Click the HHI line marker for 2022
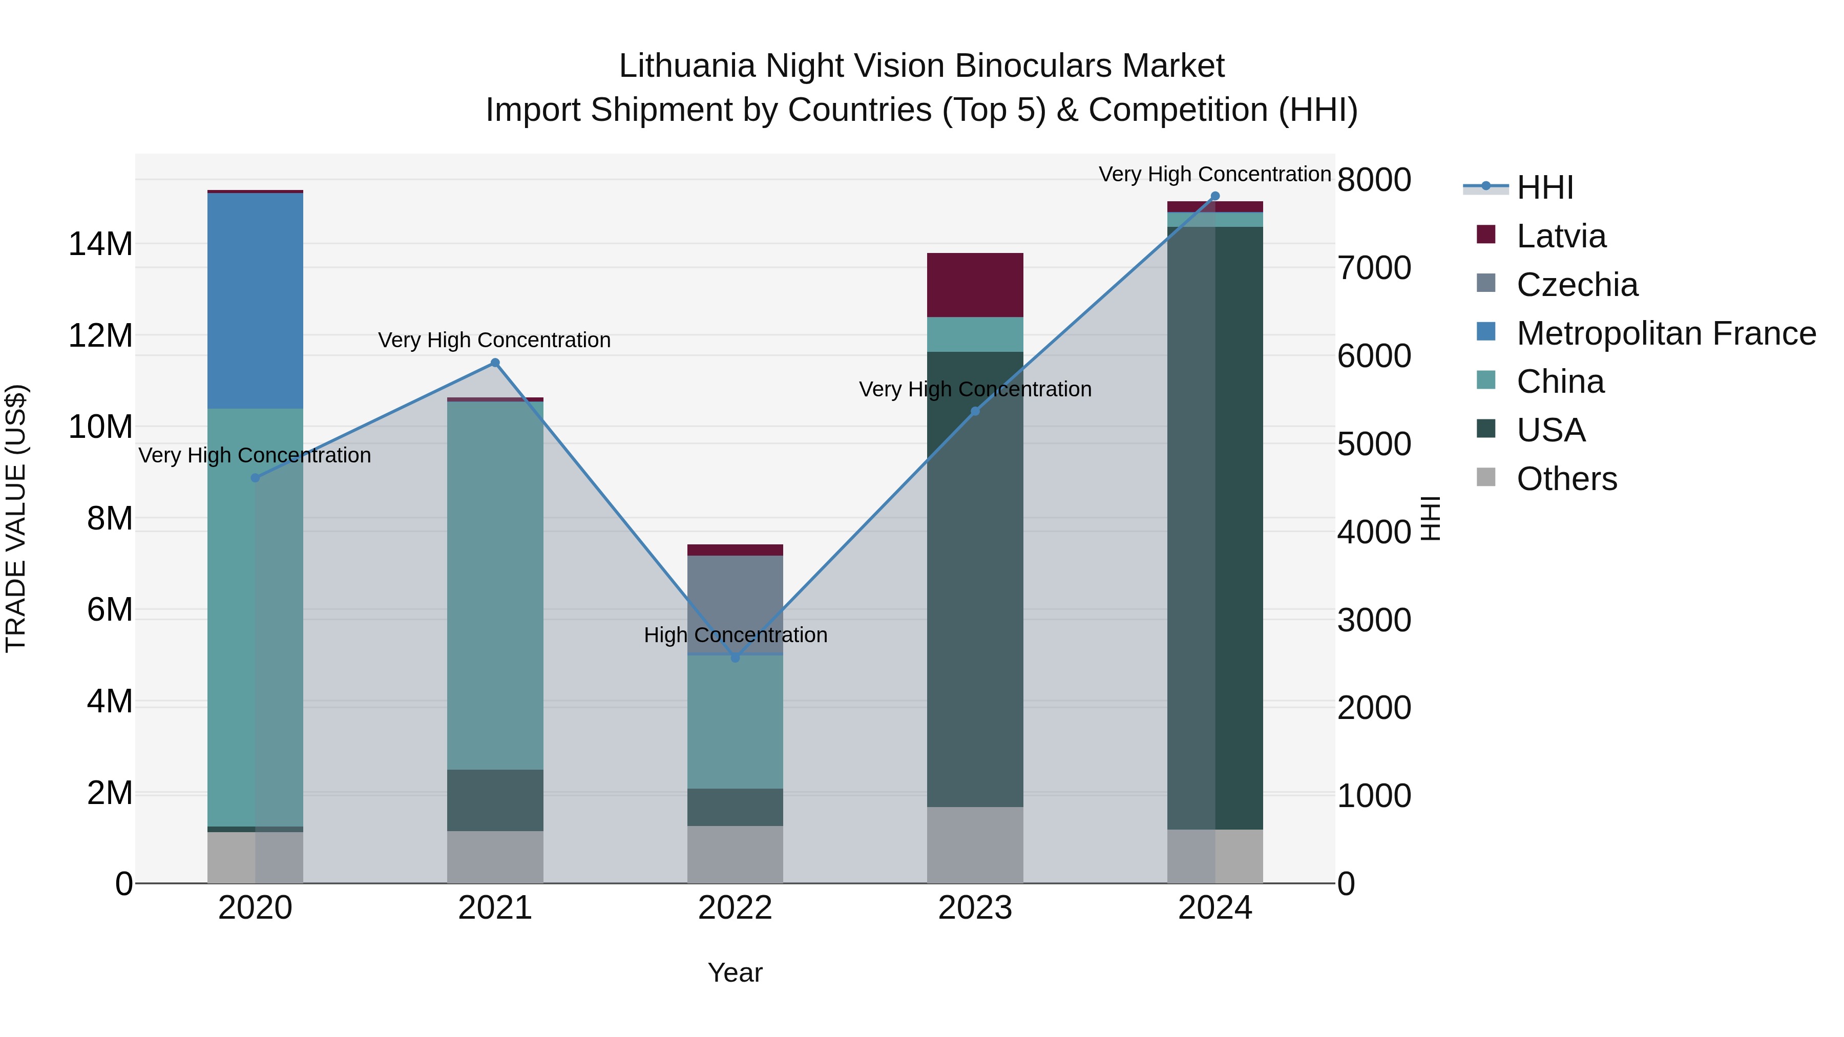click(x=735, y=658)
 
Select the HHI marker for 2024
click(x=1215, y=196)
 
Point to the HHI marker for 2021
click(x=495, y=363)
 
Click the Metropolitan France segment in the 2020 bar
click(x=255, y=301)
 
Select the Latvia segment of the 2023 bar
click(x=975, y=285)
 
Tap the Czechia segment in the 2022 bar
click(x=735, y=604)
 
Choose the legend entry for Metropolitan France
click(x=1666, y=333)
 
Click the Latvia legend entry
click(x=1561, y=236)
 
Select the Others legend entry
click(x=1566, y=479)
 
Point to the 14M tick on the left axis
click(x=100, y=244)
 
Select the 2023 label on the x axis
click(x=975, y=908)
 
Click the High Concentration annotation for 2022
click(x=735, y=635)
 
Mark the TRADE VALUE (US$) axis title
click(x=16, y=518)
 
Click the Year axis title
click(x=735, y=972)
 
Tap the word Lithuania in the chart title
click(x=687, y=66)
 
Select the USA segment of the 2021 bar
click(x=495, y=800)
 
